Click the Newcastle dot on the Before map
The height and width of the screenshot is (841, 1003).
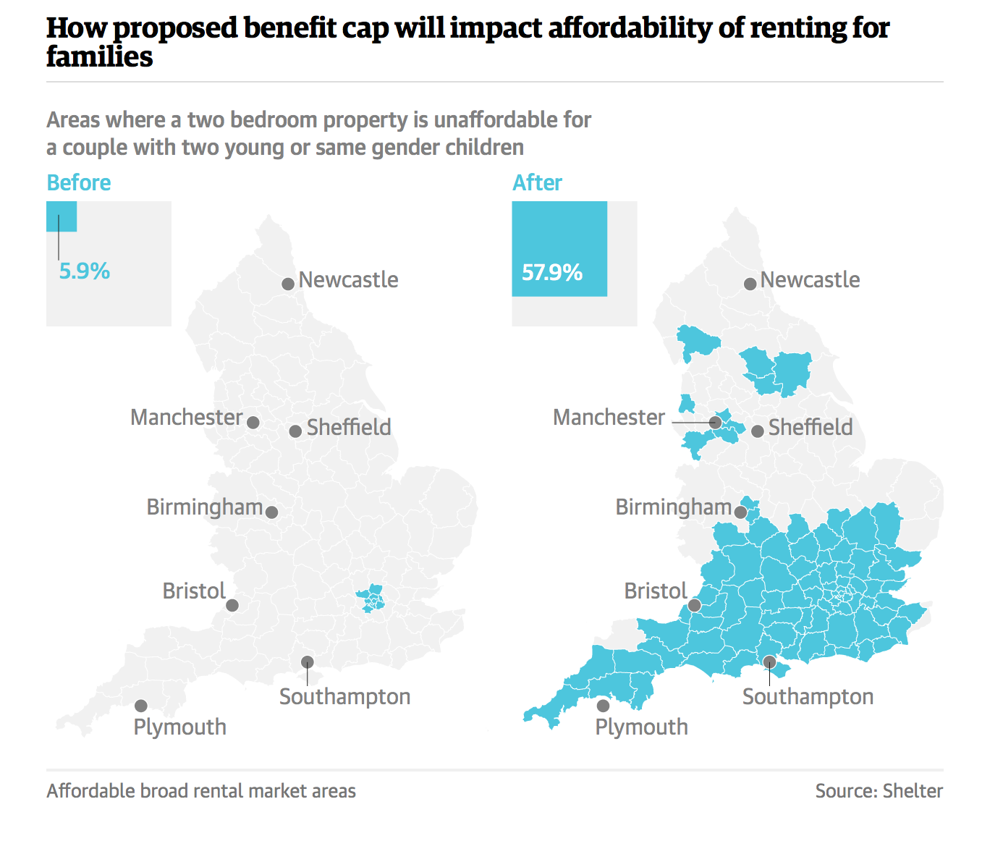[x=287, y=284]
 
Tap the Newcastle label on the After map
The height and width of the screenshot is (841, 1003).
[x=810, y=280]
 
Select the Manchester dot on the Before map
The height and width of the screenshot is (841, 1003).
[x=253, y=423]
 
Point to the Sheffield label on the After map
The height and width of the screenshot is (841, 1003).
[x=811, y=428]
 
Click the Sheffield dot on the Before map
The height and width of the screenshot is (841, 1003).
[x=295, y=431]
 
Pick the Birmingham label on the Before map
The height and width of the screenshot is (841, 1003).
[x=204, y=507]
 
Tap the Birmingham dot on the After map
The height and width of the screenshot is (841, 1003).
[x=740, y=512]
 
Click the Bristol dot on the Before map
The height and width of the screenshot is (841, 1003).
[x=232, y=605]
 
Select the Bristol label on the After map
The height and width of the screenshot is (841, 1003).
[x=656, y=591]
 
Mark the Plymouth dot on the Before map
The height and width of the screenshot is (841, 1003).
[x=141, y=706]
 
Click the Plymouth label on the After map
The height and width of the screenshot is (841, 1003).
[x=641, y=727]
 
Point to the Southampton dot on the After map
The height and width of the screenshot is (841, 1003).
[x=769, y=662]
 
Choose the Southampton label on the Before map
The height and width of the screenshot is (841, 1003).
[x=344, y=697]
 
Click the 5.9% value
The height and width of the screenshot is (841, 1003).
[x=85, y=271]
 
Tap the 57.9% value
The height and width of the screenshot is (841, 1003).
[x=552, y=273]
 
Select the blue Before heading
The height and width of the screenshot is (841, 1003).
[x=79, y=183]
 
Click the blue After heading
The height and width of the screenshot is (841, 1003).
[x=537, y=183]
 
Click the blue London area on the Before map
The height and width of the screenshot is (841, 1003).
[x=371, y=599]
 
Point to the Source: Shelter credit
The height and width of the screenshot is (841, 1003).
[x=879, y=791]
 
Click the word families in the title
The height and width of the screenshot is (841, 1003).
[x=100, y=57]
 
